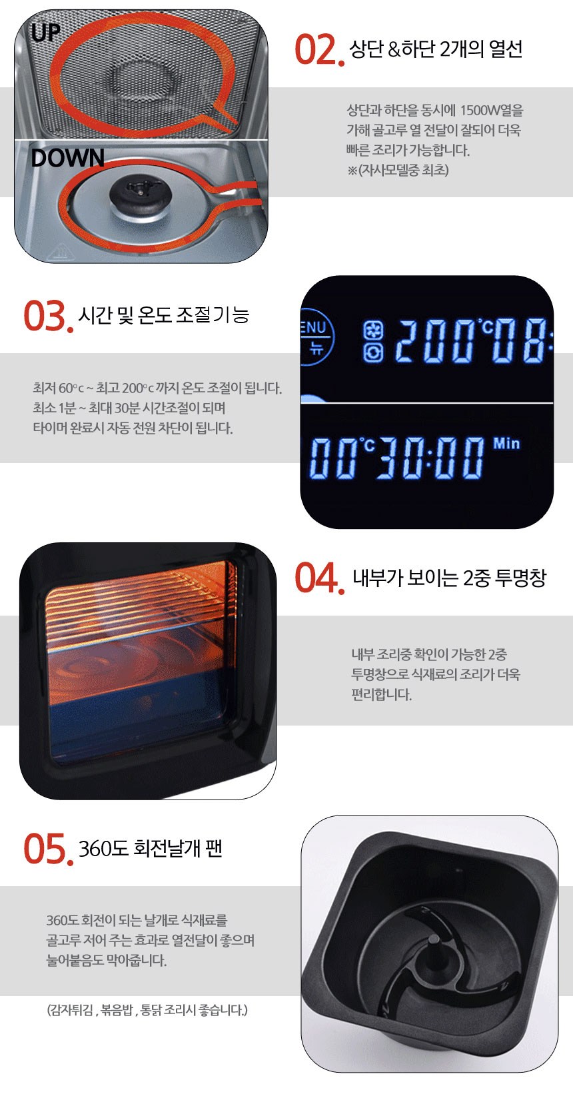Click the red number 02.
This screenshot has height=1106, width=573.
(x=319, y=49)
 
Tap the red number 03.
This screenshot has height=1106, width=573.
(x=48, y=316)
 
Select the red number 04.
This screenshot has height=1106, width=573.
(x=319, y=578)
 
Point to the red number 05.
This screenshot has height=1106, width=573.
(x=48, y=849)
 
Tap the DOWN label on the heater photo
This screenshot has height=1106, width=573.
(x=68, y=158)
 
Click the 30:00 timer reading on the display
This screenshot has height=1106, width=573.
(x=430, y=458)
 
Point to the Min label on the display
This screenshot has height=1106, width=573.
(x=506, y=443)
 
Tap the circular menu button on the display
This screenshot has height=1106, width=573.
(x=316, y=336)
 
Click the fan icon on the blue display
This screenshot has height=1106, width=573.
(x=373, y=330)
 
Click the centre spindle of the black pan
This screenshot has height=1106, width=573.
(x=434, y=949)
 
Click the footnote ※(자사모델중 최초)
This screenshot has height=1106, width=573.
(x=398, y=171)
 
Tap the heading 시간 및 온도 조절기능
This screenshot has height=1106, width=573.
(x=164, y=314)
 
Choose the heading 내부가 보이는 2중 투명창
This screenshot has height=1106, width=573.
(x=450, y=577)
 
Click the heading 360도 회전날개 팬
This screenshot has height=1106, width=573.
(x=151, y=849)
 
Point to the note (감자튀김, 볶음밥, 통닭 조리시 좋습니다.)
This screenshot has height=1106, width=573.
(x=147, y=1009)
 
